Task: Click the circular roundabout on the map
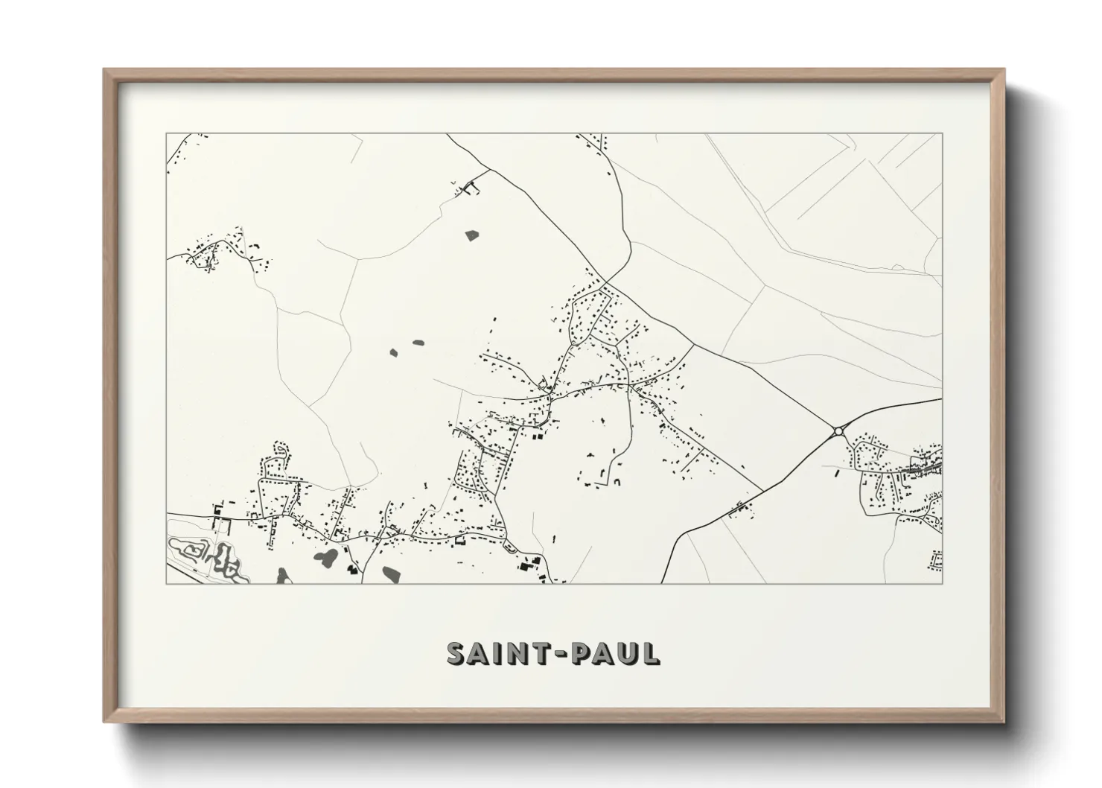point(838,430)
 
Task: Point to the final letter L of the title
point(651,653)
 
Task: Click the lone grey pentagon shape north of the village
point(471,235)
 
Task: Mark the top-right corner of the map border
point(942,133)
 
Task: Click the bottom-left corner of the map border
point(167,583)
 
